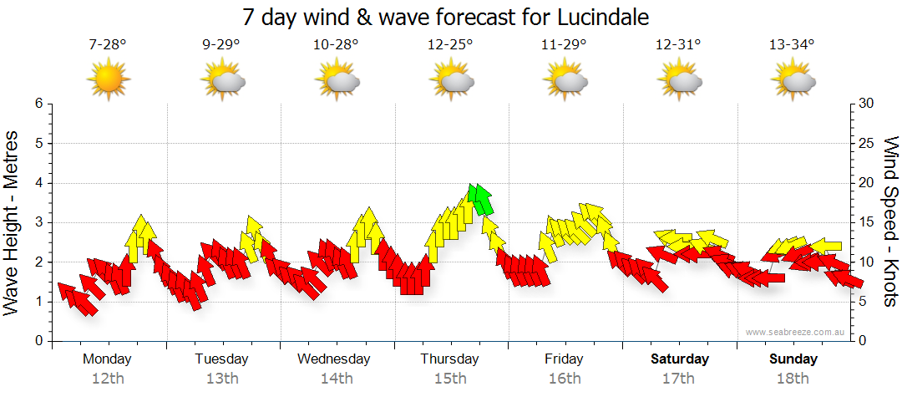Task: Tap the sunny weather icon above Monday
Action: pos(109,81)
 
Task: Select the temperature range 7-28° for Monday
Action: pos(108,45)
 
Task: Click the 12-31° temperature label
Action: pos(677,45)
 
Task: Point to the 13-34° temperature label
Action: pos(792,45)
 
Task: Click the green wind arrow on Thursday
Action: pos(480,199)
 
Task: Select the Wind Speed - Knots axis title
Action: pos(890,221)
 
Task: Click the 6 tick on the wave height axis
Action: pos(38,104)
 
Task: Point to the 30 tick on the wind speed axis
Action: pos(867,104)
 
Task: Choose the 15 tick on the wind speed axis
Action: pos(867,222)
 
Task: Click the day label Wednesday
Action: pos(334,359)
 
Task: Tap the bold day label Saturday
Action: pos(680,359)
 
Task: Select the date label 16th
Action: pos(565,379)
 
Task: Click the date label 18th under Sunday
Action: pos(793,379)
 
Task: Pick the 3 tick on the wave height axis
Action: pos(38,222)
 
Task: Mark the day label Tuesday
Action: pos(221,359)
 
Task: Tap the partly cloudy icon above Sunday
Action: pos(793,81)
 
